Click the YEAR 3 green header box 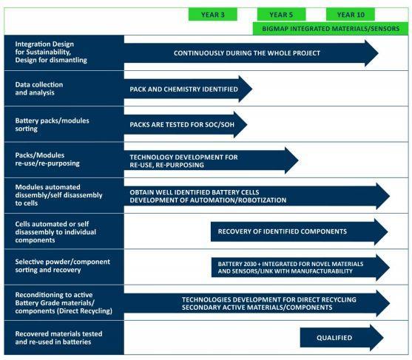point(213,15)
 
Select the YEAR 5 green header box point(281,15)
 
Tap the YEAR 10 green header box point(351,15)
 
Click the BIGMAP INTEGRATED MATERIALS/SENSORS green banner point(331,29)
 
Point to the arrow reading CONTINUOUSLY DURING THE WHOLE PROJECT point(251,53)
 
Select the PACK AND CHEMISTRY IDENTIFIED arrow point(188,89)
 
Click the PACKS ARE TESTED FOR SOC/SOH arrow point(186,124)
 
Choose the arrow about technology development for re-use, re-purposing point(211,160)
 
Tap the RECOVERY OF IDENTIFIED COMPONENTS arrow point(300,231)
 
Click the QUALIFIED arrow point(342,338)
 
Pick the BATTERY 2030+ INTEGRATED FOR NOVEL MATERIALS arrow point(300,268)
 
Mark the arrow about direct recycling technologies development point(257,303)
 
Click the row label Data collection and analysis point(39,89)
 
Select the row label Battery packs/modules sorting point(52,124)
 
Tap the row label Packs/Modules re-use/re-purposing point(47,159)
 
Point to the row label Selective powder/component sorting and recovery point(63,265)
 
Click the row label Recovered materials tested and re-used point(58,338)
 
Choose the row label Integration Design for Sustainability point(51,52)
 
